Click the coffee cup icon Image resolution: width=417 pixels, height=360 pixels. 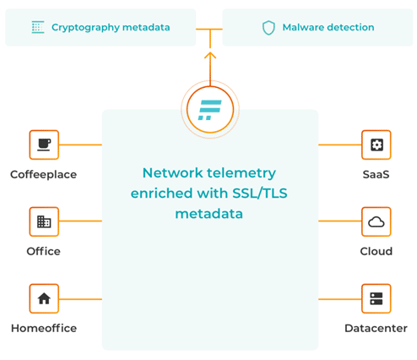[x=44, y=145]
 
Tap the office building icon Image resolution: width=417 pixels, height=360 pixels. [x=44, y=221]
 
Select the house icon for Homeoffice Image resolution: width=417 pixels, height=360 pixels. [x=44, y=298]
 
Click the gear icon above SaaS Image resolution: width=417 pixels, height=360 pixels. [x=376, y=145]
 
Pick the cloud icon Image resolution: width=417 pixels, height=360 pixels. [x=376, y=222]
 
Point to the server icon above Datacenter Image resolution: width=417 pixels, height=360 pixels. [x=376, y=298]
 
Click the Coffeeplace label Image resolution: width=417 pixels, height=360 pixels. [x=44, y=175]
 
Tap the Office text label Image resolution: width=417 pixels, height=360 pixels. [x=44, y=251]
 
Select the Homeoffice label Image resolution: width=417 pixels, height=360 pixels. [x=44, y=328]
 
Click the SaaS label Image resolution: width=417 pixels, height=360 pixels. [x=376, y=175]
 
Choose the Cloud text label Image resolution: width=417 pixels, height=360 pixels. [x=376, y=251]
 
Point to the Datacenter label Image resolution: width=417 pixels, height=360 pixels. [x=376, y=328]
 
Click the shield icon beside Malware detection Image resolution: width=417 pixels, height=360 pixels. [x=268, y=28]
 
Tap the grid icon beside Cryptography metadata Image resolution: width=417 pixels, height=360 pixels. [x=38, y=27]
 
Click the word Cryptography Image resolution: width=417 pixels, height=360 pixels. [x=85, y=28]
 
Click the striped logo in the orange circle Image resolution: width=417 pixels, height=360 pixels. [x=210, y=110]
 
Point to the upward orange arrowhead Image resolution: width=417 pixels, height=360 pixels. [x=210, y=55]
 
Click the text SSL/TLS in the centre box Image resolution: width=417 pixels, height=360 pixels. [x=260, y=194]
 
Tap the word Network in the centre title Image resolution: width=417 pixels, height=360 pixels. [x=173, y=172]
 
